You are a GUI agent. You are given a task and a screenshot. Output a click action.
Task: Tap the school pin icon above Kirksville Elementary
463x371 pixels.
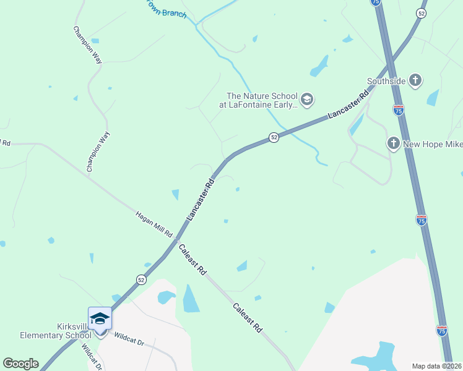tap(100, 318)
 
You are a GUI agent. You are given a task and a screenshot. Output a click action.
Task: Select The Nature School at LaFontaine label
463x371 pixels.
tap(262, 100)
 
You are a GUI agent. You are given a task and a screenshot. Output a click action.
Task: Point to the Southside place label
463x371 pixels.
tap(386, 81)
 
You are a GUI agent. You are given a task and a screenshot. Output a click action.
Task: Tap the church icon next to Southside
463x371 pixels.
tap(415, 80)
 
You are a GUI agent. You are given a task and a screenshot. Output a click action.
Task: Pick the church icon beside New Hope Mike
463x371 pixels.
tap(393, 143)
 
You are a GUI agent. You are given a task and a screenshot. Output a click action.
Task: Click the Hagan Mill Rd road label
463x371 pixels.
tap(154, 224)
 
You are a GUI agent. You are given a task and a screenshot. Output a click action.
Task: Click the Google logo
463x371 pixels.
tap(20, 363)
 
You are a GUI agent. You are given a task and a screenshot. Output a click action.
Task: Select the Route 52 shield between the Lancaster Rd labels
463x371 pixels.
tap(274, 137)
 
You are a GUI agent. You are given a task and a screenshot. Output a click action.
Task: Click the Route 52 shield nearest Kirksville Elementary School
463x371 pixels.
tap(142, 280)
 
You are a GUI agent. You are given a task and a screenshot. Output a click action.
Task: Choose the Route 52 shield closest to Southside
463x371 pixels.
tap(421, 14)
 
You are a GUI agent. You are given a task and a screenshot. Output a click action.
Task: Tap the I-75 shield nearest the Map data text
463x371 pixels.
tap(442, 331)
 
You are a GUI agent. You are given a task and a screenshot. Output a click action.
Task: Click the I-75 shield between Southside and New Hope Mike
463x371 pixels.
tap(399, 110)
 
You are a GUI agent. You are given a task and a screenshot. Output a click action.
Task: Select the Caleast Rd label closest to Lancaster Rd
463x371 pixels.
tap(192, 260)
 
